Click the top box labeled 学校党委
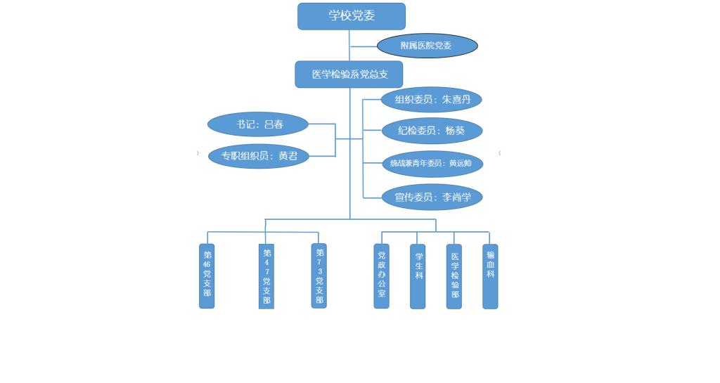pyautogui.click(x=351, y=16)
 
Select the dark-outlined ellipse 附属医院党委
pyautogui.click(x=427, y=46)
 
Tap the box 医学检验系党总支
pyautogui.click(x=349, y=74)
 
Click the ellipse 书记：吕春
pyautogui.click(x=258, y=124)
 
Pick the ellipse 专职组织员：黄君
pyautogui.click(x=259, y=156)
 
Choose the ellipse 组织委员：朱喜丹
pyautogui.click(x=431, y=100)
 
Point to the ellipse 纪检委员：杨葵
pyautogui.click(x=432, y=131)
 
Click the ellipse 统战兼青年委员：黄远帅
pyautogui.click(x=432, y=164)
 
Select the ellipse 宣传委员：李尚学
pyautogui.click(x=432, y=197)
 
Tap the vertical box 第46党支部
pyautogui.click(x=207, y=275)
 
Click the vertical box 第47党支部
pyautogui.click(x=266, y=276)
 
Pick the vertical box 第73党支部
pyautogui.click(x=319, y=275)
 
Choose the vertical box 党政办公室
pyautogui.click(x=381, y=276)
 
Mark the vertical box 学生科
pyautogui.click(x=418, y=276)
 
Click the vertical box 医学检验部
pyautogui.click(x=454, y=276)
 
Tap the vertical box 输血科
pyautogui.click(x=490, y=276)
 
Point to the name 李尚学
pyautogui.click(x=457, y=197)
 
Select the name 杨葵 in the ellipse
pyautogui.click(x=456, y=131)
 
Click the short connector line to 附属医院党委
pyautogui.click(x=364, y=46)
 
